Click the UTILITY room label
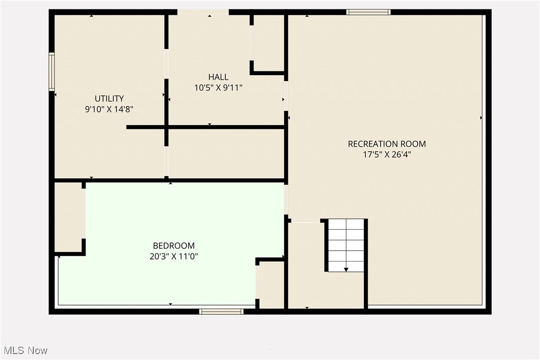[x=109, y=98]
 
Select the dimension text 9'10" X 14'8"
[x=109, y=108]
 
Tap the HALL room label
[x=218, y=77]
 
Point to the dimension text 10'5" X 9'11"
[x=218, y=88]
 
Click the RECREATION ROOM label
[x=386, y=144]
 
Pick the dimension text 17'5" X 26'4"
[x=386, y=154]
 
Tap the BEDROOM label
[x=174, y=246]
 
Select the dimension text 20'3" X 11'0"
[x=174, y=256]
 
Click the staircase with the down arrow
[x=346, y=245]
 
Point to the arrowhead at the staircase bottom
[x=346, y=270]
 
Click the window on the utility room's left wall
[x=51, y=72]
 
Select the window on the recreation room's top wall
[x=368, y=12]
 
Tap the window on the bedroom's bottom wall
[x=221, y=312]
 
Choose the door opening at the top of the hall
[x=203, y=12]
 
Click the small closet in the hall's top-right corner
[x=269, y=42]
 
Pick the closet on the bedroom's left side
[x=68, y=217]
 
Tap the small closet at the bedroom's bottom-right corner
[x=271, y=285]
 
